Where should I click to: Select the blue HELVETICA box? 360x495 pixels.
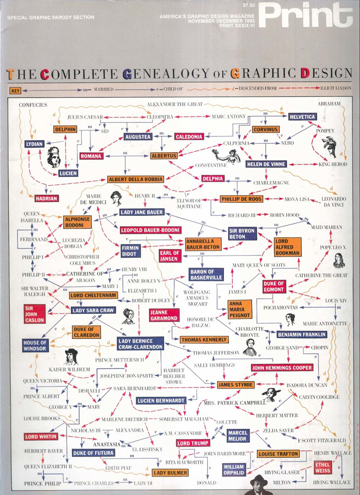302,116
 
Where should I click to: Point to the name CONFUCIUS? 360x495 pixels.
33,105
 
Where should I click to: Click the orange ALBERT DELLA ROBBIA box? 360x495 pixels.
135,179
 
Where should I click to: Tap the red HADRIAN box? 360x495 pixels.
46,198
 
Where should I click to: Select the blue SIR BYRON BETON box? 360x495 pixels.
242,233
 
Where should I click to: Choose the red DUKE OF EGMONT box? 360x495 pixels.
274,286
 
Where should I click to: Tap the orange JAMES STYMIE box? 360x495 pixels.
236,385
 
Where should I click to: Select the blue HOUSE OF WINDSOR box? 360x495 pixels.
35,346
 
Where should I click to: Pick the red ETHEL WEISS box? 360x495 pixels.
323,468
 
